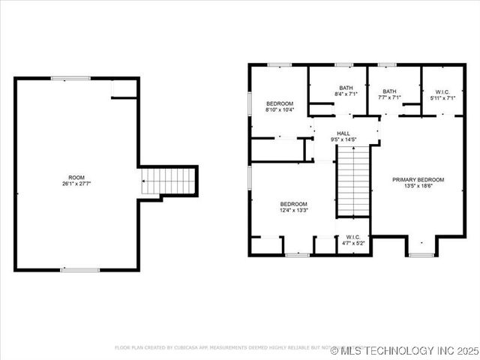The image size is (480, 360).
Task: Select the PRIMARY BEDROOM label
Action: pos(418,180)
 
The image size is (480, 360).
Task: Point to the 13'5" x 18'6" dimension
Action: pos(418,186)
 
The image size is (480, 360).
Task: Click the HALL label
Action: pos(343,133)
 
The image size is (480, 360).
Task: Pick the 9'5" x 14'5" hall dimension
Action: pos(343,139)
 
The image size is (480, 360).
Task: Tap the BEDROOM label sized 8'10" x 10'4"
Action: pos(280,103)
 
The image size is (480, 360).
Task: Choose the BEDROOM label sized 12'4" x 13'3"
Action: pos(294,204)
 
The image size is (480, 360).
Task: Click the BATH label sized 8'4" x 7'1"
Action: pos(346,88)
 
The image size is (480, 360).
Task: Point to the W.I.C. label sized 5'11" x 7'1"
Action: pos(443,91)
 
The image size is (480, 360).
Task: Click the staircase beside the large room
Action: pos(169,181)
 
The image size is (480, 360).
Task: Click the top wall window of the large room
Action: pos(70,78)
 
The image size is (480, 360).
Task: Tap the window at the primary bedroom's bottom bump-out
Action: pos(421,255)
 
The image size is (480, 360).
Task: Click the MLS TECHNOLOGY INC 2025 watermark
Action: pos(409,350)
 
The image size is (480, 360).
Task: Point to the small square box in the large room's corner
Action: pos(124,88)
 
